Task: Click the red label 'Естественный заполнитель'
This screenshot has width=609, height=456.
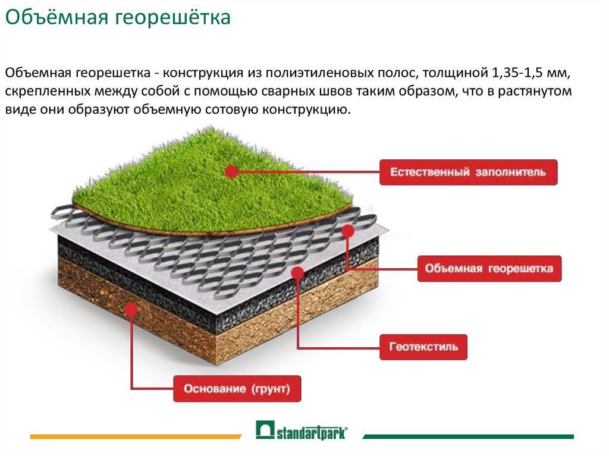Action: pos(468,172)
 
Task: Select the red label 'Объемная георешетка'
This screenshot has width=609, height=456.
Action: pos(489,268)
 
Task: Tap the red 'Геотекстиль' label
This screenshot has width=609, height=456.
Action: pos(423,347)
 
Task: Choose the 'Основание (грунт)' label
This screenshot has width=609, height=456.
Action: pos(237,388)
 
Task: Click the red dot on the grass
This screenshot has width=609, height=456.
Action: pos(232,171)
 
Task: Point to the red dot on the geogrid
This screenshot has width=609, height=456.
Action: pos(348,231)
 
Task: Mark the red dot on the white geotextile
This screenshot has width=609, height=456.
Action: pos(297,273)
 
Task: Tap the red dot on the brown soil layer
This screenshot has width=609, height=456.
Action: pos(131,310)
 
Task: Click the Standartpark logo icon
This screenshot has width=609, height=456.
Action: pos(265,430)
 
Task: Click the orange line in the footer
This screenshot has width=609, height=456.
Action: pos(136,436)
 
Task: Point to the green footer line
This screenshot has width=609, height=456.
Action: pos(468,436)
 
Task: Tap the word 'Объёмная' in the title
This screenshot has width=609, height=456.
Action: pos(56,17)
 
